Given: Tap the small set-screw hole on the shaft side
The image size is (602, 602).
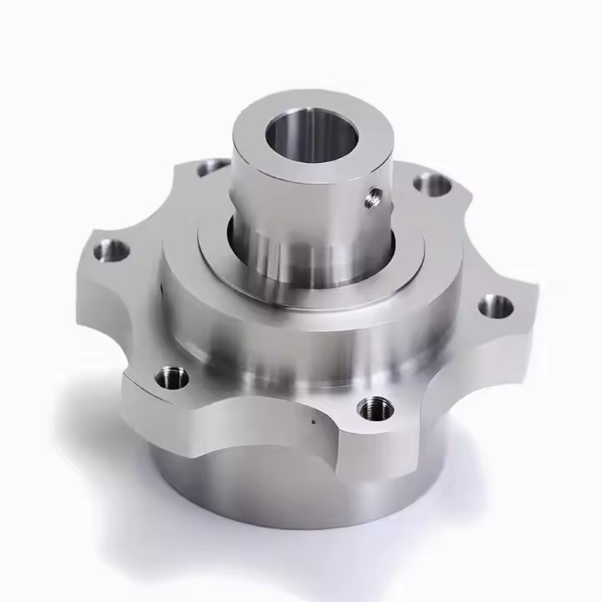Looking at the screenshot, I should [x=372, y=197].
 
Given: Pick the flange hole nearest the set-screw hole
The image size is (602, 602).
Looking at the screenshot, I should [x=432, y=184].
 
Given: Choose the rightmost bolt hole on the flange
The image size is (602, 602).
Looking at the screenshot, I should [x=496, y=307].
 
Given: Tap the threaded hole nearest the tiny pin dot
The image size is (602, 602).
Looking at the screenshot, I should [x=374, y=408].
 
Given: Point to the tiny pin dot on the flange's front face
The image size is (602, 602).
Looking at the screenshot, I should [x=315, y=422].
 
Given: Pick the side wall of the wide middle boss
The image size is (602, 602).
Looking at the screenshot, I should [x=276, y=351].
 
